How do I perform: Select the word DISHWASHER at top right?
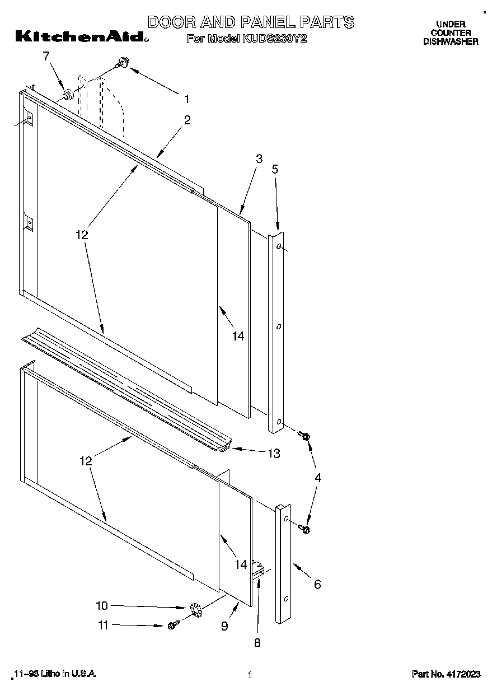coord(451,41)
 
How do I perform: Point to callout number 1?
coord(187,99)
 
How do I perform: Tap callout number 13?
coord(273,454)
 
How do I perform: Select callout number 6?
coord(317,585)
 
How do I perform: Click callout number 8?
coord(257,643)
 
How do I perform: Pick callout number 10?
coord(101,605)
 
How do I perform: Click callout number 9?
coord(224,626)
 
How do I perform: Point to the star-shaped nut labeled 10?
coord(195,609)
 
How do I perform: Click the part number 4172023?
coord(446,675)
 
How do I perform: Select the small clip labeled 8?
coord(259,569)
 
